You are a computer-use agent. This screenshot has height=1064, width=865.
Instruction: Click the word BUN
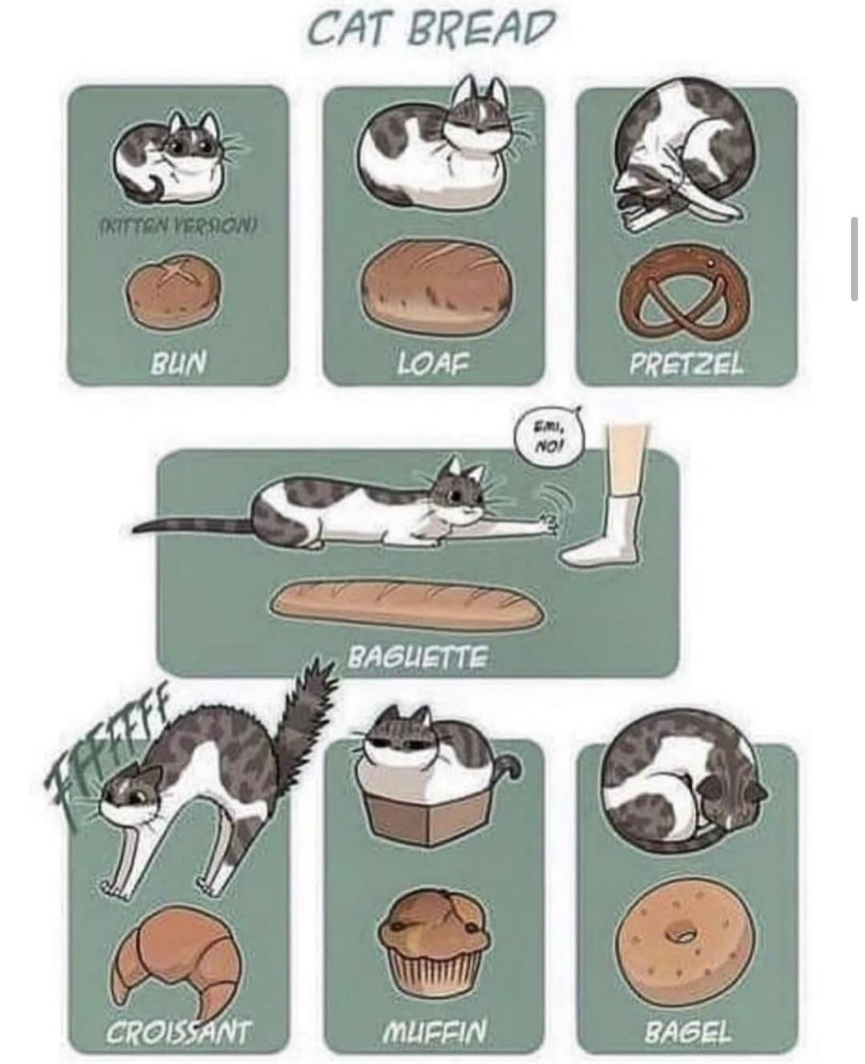tap(178, 361)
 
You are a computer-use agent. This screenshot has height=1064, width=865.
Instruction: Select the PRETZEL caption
tap(687, 361)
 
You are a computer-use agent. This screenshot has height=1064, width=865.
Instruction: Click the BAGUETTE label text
tap(418, 657)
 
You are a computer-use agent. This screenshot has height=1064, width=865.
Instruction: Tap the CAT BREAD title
tap(431, 29)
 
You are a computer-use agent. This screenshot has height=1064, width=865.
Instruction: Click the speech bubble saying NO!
tap(551, 437)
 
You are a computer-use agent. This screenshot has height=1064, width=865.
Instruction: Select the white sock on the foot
tap(609, 530)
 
